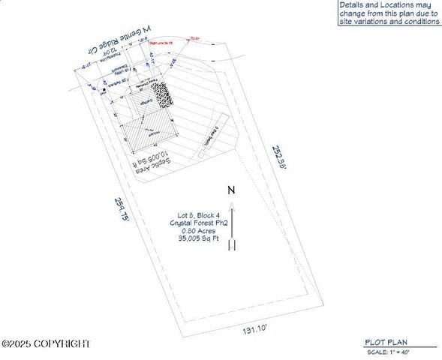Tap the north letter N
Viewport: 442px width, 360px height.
pyautogui.click(x=232, y=190)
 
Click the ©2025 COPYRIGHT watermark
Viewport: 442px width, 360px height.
pyautogui.click(x=46, y=343)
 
